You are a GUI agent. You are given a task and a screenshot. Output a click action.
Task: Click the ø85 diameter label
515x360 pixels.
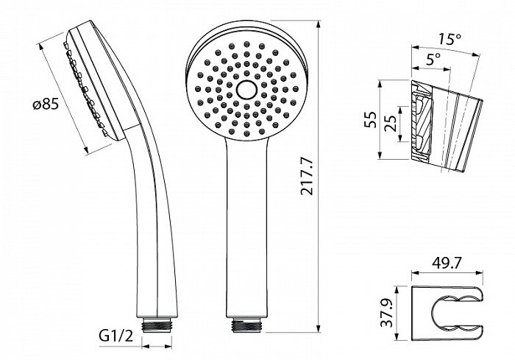click(46, 105)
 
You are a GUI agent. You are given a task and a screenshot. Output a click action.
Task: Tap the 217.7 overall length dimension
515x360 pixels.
click(308, 176)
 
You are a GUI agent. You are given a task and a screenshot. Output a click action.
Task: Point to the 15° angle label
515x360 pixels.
click(450, 40)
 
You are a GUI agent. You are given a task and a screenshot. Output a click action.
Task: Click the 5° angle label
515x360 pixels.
click(433, 59)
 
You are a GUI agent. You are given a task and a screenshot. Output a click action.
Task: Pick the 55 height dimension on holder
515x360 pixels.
click(370, 120)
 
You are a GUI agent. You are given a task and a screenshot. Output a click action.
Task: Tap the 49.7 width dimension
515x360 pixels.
click(447, 263)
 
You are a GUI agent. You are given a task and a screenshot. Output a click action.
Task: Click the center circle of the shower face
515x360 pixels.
click(246, 89)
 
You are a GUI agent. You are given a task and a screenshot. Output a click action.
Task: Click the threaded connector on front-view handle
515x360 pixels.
click(246, 324)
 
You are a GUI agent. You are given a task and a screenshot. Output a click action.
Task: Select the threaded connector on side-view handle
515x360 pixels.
click(157, 325)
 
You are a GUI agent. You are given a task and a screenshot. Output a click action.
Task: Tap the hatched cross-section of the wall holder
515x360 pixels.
click(422, 122)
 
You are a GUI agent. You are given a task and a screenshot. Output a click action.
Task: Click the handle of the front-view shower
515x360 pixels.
click(246, 225)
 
